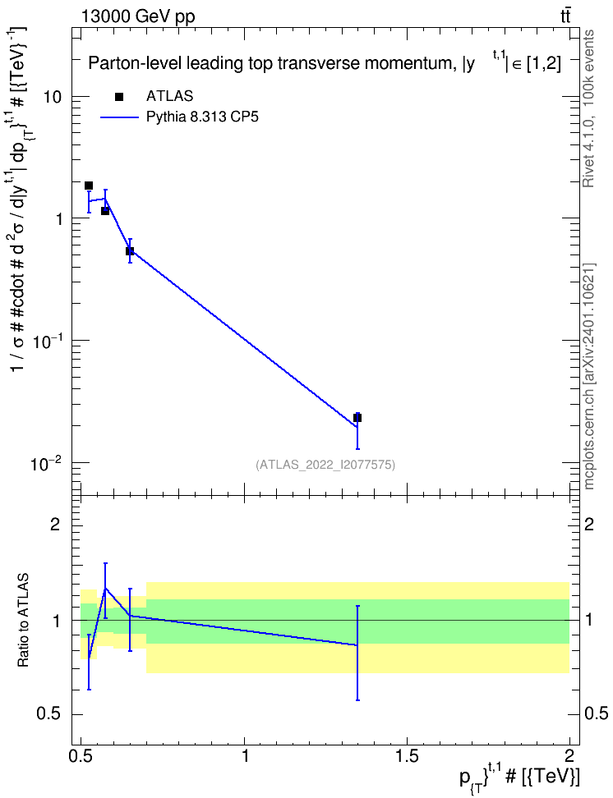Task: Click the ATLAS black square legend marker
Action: pyautogui.click(x=119, y=97)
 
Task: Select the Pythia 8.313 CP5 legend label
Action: pyautogui.click(x=202, y=117)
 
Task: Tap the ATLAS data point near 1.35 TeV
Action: pyautogui.click(x=357, y=418)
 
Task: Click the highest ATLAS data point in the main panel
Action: pyautogui.click(x=89, y=186)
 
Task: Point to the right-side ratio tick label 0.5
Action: pyautogui.click(x=596, y=714)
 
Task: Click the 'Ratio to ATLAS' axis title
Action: pyautogui.click(x=23, y=621)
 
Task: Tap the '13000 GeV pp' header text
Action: pyautogui.click(x=137, y=16)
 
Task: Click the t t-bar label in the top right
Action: pyautogui.click(x=565, y=16)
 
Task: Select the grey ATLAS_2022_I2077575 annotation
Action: pyautogui.click(x=325, y=464)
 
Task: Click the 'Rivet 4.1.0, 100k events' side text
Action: pyautogui.click(x=588, y=108)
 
